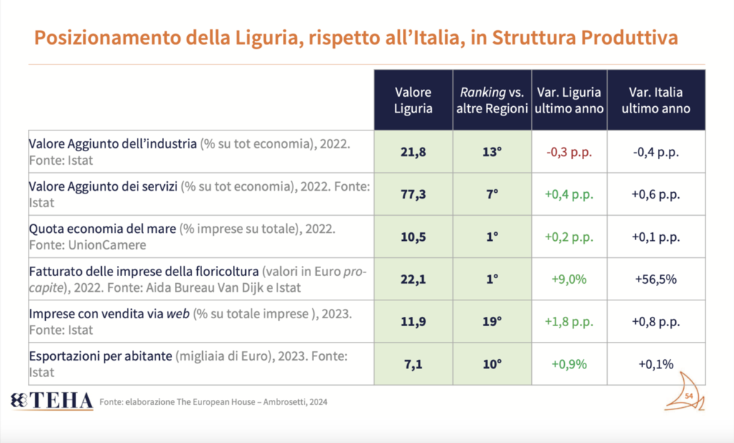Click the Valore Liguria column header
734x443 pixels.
coord(414,100)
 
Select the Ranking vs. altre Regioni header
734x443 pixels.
coord(492,100)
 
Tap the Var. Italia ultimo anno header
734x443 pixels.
coord(655,100)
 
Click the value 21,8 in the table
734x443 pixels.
coord(413,152)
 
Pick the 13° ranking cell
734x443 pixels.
coord(492,152)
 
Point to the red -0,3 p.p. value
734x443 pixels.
coord(569,152)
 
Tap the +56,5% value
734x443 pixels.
coord(656,280)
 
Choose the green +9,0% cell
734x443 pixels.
coord(569,280)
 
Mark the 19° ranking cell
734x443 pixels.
coord(492,322)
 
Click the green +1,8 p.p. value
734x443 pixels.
coord(569,322)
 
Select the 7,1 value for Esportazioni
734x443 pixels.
coord(413,364)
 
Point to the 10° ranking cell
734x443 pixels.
coord(492,364)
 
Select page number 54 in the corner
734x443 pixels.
coord(689,396)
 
